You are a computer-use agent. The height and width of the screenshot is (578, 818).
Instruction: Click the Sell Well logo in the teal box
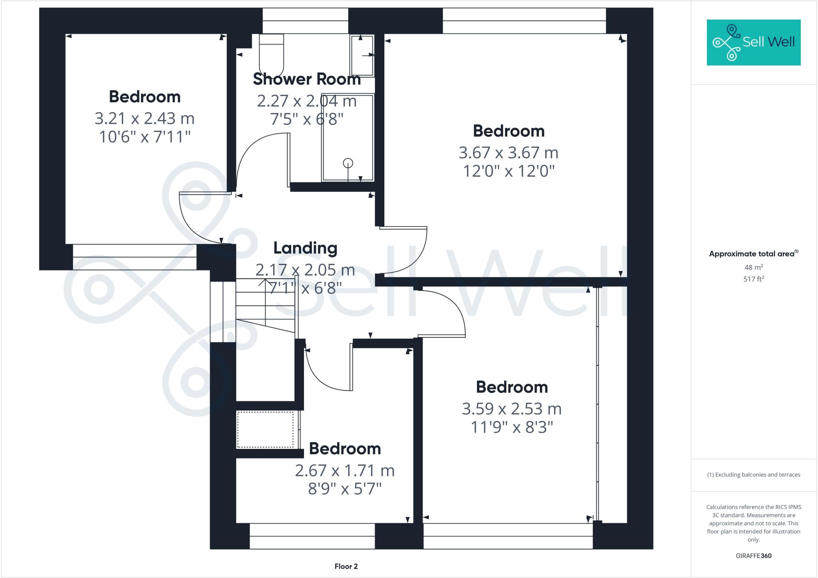[x=753, y=42]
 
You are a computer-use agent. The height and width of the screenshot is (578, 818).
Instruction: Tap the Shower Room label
[x=306, y=79]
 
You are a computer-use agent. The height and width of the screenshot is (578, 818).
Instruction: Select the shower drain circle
[x=348, y=163]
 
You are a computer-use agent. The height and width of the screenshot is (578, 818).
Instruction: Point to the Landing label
[x=305, y=248]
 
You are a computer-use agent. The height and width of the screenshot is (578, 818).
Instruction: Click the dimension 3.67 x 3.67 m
[x=508, y=153]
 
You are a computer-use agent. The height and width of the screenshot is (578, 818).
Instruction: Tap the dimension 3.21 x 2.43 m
[x=144, y=118]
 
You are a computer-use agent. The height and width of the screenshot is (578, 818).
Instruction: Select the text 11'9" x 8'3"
[x=511, y=428]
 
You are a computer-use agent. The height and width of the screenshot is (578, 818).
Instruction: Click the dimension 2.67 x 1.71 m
[x=344, y=470]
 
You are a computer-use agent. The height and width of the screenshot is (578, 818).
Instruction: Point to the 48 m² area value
[x=753, y=267]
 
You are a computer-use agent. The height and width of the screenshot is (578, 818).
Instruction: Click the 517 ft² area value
[x=753, y=279]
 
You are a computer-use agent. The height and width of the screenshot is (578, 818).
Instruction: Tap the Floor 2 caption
[x=346, y=566]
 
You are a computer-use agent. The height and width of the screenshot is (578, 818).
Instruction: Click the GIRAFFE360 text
[x=753, y=556]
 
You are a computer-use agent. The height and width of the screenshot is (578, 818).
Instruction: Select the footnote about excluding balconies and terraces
[x=753, y=475]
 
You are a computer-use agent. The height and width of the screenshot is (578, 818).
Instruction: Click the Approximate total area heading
[x=753, y=254]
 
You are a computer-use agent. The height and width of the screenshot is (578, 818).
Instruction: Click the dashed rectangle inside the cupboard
[x=265, y=430]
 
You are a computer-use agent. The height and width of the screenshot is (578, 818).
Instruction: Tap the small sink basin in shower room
[x=362, y=56]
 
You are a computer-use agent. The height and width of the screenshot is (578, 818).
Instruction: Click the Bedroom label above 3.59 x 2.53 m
[x=511, y=387]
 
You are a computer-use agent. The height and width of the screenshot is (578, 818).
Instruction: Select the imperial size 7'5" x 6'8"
[x=306, y=119]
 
